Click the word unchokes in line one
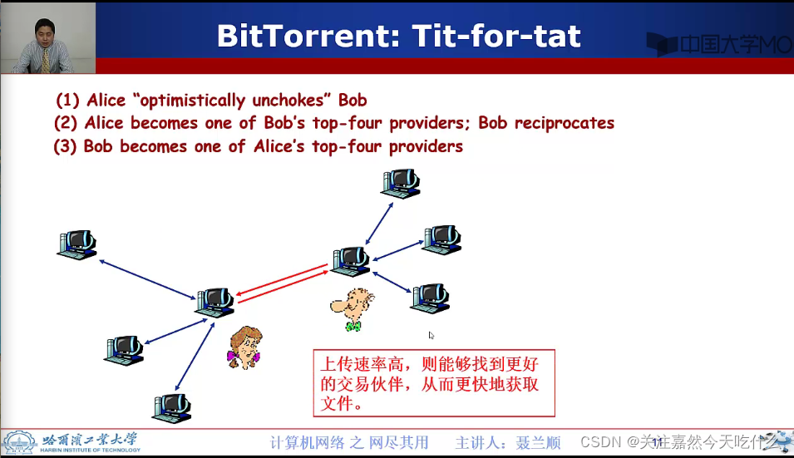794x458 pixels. (x=283, y=101)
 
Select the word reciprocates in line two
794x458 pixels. (x=564, y=123)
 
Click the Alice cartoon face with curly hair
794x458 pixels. (x=244, y=347)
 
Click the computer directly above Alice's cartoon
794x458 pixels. (x=215, y=302)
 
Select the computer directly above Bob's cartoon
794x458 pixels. (x=350, y=261)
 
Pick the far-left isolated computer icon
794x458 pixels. (x=77, y=244)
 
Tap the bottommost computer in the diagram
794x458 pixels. (x=173, y=407)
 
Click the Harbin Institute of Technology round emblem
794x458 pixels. (x=19, y=442)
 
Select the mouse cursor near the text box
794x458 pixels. (x=431, y=335)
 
